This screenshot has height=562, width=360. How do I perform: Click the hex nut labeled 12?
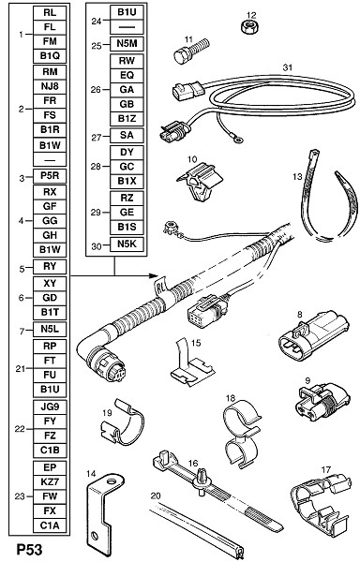point(248,27)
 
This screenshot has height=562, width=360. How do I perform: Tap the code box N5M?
point(127,44)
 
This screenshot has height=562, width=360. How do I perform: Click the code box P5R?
point(50,177)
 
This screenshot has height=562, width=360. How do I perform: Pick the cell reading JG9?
point(50,407)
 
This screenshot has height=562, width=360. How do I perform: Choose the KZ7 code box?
point(50,482)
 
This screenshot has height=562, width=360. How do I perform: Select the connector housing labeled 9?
point(322,401)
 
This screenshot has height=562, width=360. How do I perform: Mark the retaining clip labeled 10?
point(200,181)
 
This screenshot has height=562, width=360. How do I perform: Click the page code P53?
point(29,550)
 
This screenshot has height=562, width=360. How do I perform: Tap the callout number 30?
point(97,246)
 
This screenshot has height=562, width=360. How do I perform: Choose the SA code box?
point(127,136)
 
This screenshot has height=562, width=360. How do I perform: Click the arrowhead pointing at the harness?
point(154,276)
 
